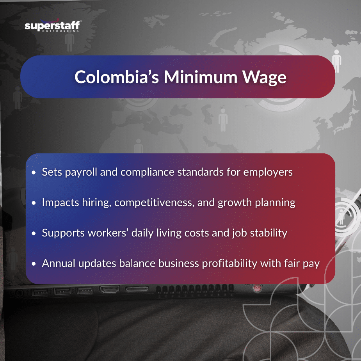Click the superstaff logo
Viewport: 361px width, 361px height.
[x=52, y=26]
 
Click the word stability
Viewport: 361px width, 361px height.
[x=266, y=233]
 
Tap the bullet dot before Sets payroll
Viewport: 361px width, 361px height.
[x=34, y=172]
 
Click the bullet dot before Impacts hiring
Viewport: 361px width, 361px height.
[x=34, y=203]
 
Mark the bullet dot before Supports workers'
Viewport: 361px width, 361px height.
[x=34, y=233]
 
